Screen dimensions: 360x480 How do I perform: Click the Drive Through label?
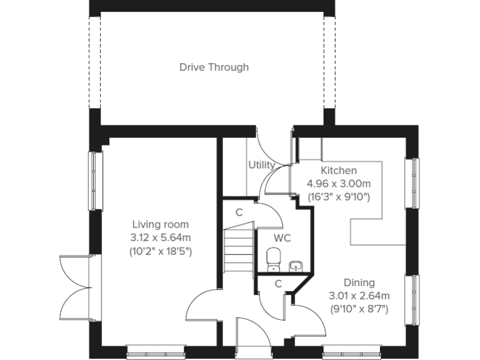tap(214, 67)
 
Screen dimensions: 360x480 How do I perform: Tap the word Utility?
tap(261, 165)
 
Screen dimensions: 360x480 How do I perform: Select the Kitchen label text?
tap(339, 171)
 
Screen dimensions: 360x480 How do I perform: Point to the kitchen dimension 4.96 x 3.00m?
tap(339, 184)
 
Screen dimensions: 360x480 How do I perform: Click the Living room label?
tap(160, 224)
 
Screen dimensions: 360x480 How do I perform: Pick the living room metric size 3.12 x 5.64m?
tap(160, 237)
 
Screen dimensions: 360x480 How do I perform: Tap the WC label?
tap(282, 237)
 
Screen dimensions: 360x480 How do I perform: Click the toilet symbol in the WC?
tap(273, 259)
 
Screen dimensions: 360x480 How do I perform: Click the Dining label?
tap(359, 282)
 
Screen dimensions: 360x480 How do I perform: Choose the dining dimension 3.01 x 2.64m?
tap(359, 296)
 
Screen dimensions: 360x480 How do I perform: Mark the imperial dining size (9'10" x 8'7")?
tap(359, 309)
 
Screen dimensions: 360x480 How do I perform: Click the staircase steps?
tap(238, 250)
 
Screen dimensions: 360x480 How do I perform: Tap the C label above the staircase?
tap(239, 212)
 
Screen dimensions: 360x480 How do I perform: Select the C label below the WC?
tap(279, 284)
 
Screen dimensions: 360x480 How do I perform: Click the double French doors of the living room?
tap(75, 287)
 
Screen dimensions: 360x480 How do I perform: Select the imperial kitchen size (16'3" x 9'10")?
tap(339, 197)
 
